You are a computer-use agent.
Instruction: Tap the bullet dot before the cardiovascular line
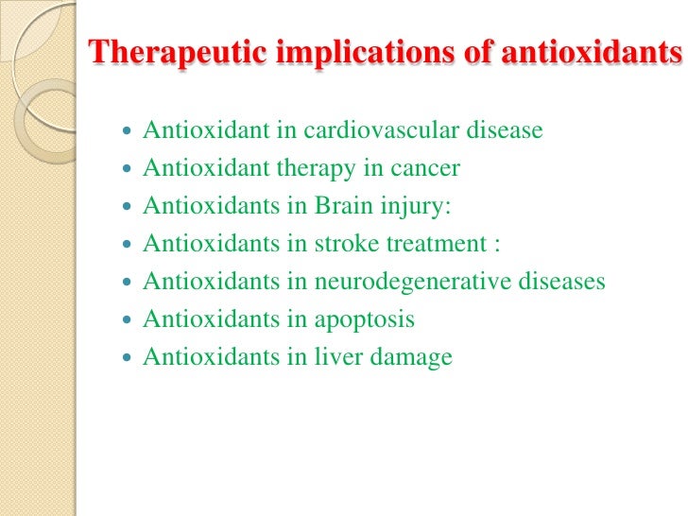point(129,130)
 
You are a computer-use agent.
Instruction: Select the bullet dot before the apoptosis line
point(129,319)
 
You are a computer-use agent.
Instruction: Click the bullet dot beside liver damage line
point(129,357)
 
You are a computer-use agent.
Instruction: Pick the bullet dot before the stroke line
point(129,244)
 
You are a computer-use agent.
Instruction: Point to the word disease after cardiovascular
point(507,129)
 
